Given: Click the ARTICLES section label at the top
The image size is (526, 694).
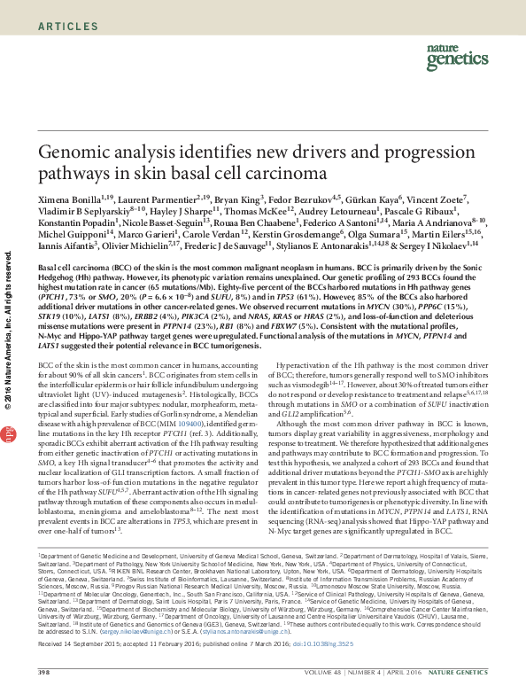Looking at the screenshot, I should pos(68,27).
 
